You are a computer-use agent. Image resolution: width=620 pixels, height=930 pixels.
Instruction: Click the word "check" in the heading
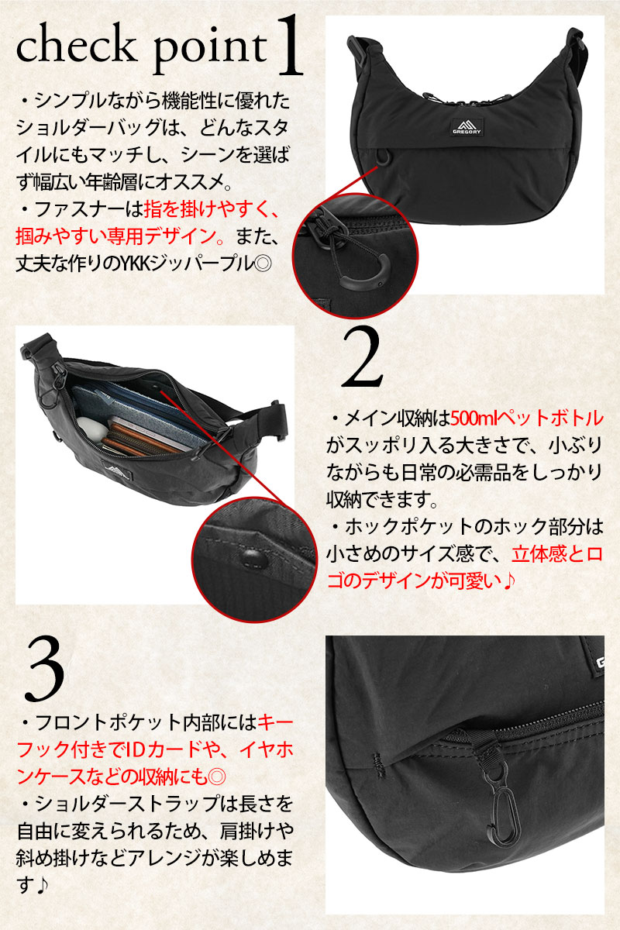point(77,47)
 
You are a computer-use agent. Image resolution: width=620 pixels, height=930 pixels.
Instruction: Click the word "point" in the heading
point(211,51)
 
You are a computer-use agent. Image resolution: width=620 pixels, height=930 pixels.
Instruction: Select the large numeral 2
point(362,358)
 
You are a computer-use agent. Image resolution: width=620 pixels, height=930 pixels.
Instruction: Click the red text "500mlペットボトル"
point(527,418)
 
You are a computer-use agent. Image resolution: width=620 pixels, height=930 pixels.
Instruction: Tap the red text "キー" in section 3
point(276,723)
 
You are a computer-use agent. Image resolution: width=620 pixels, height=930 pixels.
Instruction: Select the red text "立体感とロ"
point(557,555)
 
